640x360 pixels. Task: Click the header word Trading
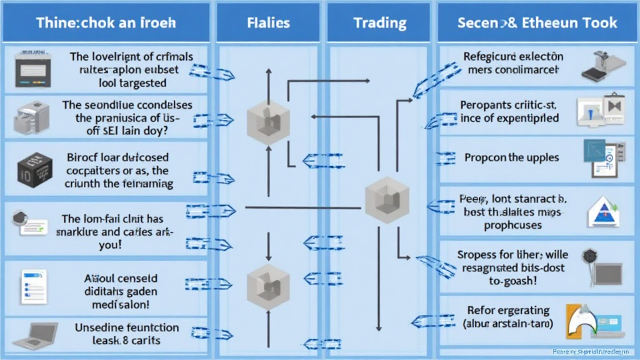[379, 23]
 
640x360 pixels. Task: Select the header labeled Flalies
[268, 23]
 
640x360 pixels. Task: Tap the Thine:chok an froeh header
[106, 23]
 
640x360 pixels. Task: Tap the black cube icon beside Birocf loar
[31, 169]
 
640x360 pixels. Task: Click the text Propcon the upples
[511, 157]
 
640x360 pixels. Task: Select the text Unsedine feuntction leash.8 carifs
[127, 334]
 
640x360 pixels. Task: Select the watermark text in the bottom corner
[591, 352]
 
